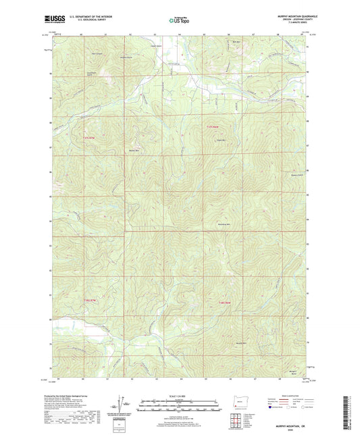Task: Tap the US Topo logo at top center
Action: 179,20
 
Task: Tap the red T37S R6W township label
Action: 213,126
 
